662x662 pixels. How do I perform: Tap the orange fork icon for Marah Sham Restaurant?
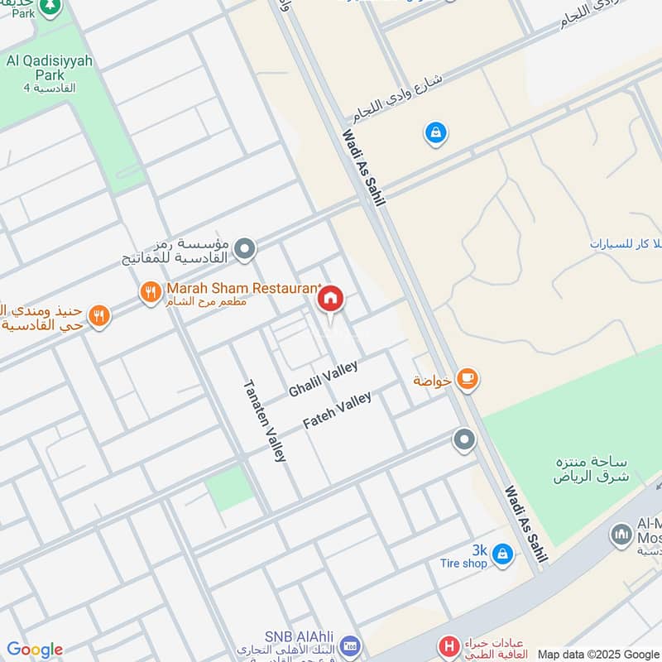(x=150, y=290)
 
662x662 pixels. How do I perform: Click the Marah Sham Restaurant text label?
(x=242, y=289)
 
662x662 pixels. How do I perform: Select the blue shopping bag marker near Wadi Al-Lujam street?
(x=434, y=132)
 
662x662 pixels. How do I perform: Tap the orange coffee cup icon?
(x=468, y=380)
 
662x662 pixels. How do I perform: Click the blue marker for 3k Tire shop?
(x=501, y=554)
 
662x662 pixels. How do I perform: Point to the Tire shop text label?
(x=463, y=564)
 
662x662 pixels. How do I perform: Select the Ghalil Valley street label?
(x=323, y=379)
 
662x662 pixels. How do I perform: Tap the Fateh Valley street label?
(x=337, y=410)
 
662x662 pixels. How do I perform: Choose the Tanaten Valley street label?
(x=265, y=420)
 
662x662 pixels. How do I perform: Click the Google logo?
(x=35, y=650)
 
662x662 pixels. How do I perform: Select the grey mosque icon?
(x=623, y=535)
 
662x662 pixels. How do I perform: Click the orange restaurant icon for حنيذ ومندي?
(x=99, y=315)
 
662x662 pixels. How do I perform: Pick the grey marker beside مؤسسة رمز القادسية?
(x=244, y=248)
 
